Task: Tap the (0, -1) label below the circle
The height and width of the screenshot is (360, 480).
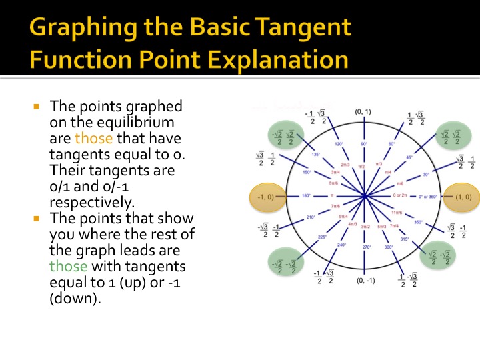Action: coord(365,281)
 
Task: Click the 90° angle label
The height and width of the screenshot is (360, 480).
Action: coord(364,143)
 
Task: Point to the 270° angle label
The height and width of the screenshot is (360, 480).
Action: coord(365,247)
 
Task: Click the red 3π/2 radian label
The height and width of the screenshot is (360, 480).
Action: coord(365,227)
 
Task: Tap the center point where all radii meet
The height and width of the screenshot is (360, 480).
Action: coord(365,197)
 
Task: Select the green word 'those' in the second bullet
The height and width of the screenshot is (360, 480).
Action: coord(68,266)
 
